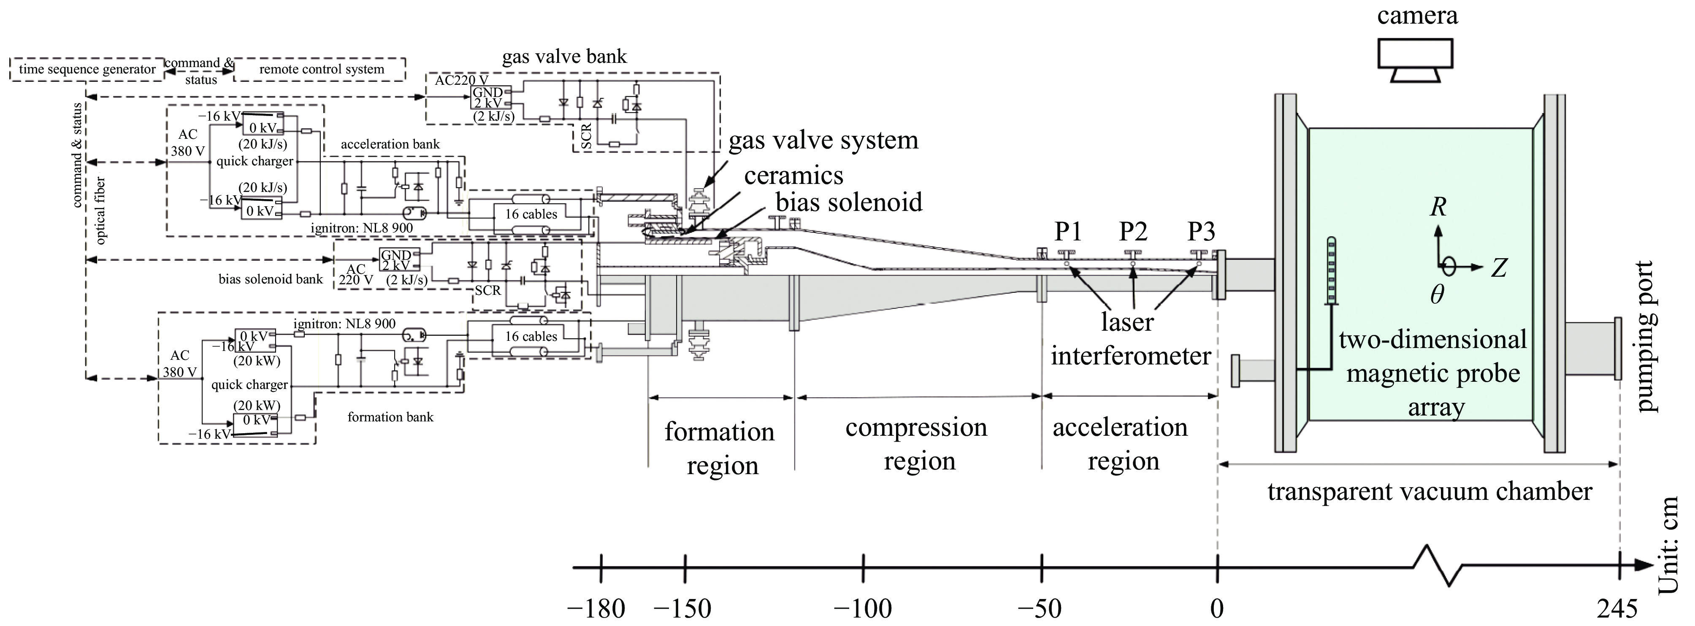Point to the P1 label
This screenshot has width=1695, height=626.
click(1068, 232)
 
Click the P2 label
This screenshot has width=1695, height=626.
click(1133, 232)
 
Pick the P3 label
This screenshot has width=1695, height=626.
click(1201, 232)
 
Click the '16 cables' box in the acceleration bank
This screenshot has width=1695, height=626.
click(531, 214)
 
